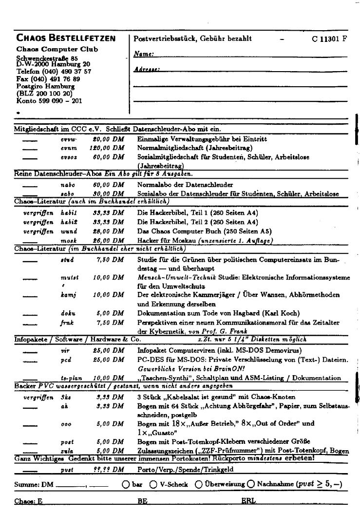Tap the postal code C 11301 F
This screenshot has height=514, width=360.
329,39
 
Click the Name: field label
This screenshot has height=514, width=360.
144,54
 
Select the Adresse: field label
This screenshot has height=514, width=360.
147,70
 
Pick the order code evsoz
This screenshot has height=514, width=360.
69,157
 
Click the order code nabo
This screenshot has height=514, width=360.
68,185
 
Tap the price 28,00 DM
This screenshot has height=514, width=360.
108,231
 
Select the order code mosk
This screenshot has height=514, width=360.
69,240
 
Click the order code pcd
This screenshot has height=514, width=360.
66,360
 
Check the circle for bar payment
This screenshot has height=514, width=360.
126,484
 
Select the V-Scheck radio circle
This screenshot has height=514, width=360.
153,484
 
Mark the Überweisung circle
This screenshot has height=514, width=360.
199,484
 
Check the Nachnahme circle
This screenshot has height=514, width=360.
250,484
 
